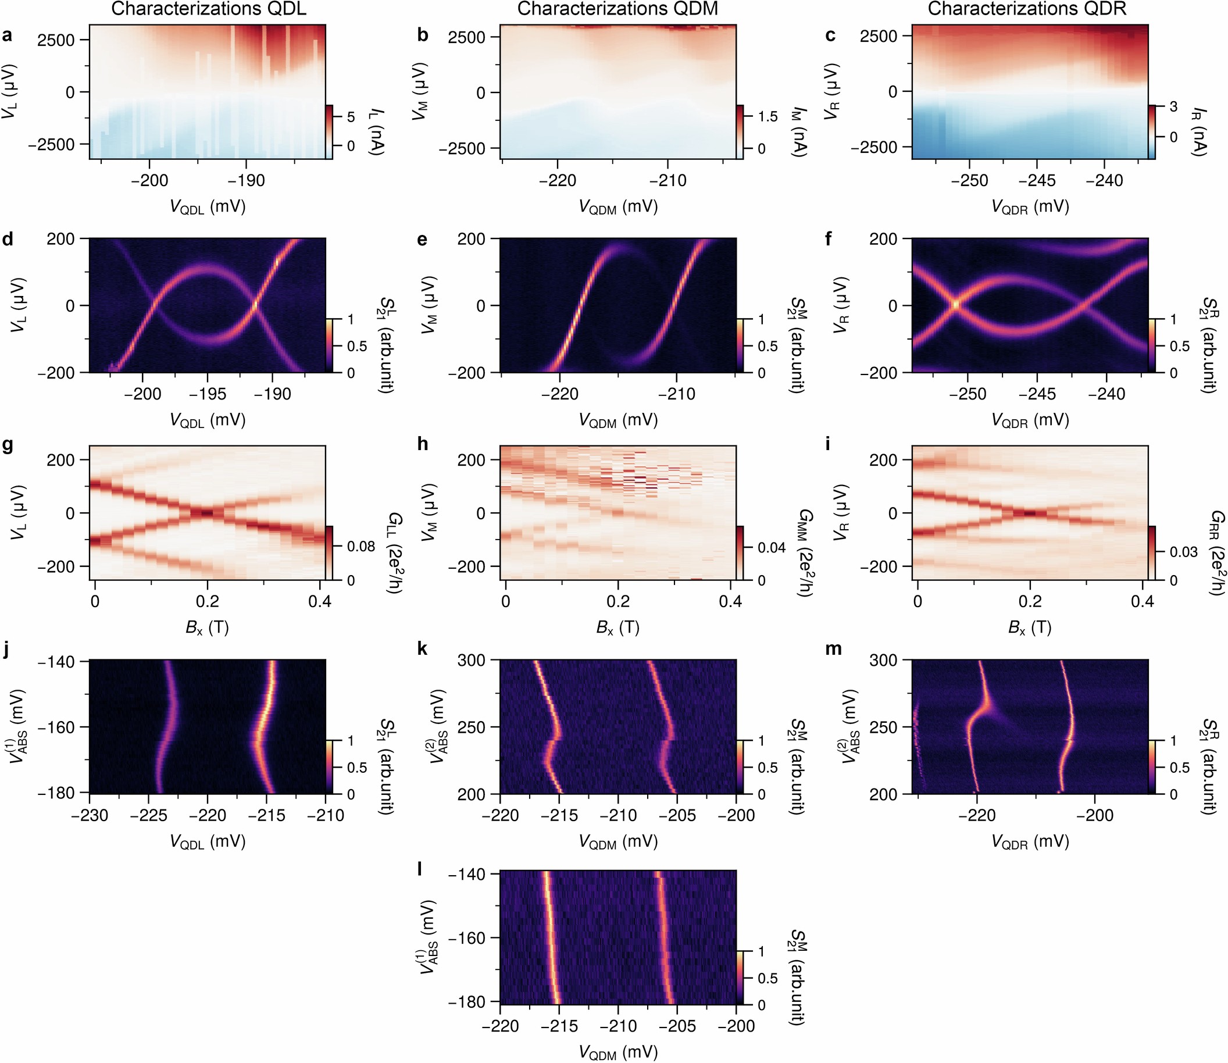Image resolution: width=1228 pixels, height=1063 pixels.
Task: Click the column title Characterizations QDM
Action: point(617,9)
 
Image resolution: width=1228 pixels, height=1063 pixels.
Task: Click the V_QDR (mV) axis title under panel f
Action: point(1030,420)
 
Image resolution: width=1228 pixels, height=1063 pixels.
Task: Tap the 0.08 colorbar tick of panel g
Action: point(360,547)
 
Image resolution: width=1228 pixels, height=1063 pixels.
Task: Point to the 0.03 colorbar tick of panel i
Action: point(1183,552)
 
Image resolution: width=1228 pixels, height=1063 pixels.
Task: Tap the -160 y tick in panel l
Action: point(470,939)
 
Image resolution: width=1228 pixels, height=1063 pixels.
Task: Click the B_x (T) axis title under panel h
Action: point(617,627)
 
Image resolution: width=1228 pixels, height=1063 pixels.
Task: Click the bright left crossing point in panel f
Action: point(955,304)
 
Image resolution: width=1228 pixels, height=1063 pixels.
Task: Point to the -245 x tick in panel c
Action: point(1036,180)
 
